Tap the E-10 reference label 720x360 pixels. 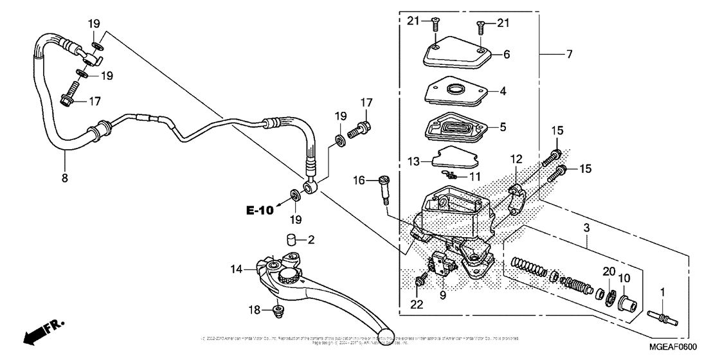(x=259, y=210)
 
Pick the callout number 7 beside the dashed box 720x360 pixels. (x=569, y=55)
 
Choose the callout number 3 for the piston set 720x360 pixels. (x=586, y=229)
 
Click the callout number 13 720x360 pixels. (x=415, y=161)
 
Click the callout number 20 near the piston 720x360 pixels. (x=608, y=271)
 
